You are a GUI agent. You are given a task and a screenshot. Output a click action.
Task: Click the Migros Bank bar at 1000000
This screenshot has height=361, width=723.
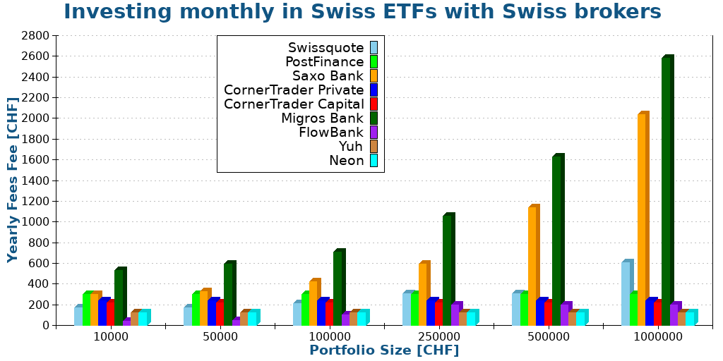[x=666, y=190]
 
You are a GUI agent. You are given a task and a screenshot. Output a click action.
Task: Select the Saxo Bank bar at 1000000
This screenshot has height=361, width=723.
[x=642, y=219]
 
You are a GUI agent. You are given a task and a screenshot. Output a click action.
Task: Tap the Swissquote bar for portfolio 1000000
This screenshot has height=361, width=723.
[x=626, y=293]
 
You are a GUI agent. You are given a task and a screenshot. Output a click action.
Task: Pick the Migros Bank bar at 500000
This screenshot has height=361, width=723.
[x=556, y=240]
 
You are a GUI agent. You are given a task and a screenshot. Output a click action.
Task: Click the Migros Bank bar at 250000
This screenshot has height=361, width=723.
[x=447, y=271]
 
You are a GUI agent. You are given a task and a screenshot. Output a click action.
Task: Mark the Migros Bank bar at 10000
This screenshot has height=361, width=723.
[x=119, y=298]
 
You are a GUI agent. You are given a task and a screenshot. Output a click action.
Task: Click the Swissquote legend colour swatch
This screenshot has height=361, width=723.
[x=374, y=48]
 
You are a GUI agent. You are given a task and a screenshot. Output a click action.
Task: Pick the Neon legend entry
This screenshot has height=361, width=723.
[x=346, y=161]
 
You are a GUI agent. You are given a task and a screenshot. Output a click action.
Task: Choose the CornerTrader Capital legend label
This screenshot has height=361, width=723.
[x=294, y=104]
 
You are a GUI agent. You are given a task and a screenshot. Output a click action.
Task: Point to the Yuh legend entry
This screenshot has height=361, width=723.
[x=351, y=147]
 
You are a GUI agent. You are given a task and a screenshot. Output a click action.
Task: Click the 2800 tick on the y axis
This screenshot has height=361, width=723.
[x=35, y=36]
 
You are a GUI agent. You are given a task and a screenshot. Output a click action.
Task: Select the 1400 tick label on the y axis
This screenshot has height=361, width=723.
[x=35, y=180]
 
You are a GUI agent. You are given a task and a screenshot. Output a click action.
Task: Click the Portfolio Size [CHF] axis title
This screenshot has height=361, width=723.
[x=384, y=350]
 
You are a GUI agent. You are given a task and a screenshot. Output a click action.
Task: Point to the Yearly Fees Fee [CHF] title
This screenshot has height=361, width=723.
[x=13, y=180]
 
